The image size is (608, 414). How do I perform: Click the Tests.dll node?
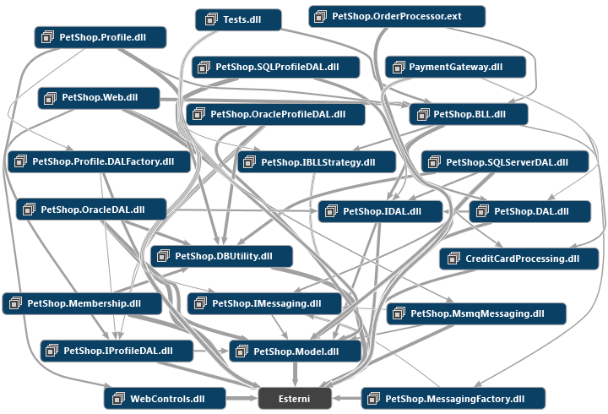coord(238,19)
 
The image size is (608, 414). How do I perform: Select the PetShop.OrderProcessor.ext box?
coord(397,16)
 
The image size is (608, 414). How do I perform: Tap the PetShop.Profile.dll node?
coord(100,37)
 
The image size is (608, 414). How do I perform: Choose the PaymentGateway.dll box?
coord(455,67)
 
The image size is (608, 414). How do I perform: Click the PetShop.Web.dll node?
coord(99,98)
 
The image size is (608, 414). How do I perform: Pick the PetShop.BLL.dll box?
coord(469,114)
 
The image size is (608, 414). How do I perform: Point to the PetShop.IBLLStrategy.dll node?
coord(317,162)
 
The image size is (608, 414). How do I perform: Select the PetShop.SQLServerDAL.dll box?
coord(505,161)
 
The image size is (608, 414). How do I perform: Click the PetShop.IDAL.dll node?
coord(380,211)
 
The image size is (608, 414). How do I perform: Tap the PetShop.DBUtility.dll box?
coord(221,256)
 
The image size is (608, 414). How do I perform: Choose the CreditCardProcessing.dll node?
coord(518,259)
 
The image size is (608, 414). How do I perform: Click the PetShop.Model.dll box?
coord(295,351)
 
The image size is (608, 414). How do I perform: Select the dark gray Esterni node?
coord(295,399)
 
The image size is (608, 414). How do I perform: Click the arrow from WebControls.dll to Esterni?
coord(242,398)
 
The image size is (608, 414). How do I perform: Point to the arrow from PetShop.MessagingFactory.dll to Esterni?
coord(347,398)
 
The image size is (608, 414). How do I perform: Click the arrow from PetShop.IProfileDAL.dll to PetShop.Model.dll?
coord(211,351)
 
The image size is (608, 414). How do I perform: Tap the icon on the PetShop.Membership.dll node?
coord(15,303)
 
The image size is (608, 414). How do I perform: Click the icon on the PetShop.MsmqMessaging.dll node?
coord(399,313)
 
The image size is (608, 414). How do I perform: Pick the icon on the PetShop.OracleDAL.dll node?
coord(29,210)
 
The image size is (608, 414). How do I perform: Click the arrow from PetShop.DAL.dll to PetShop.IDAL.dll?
coord(456,211)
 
